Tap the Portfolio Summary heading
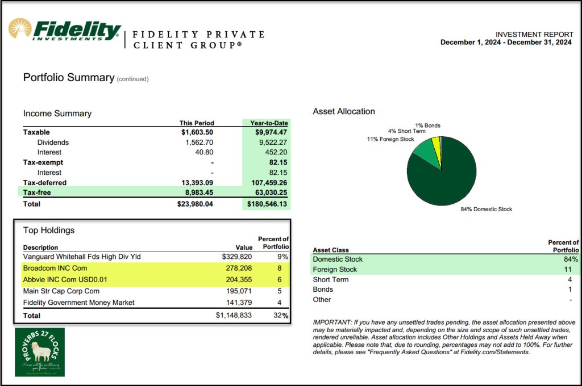(x=69, y=78)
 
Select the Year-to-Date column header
(x=266, y=123)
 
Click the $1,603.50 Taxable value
(x=196, y=132)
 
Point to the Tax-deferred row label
(x=45, y=183)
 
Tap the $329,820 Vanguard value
(x=235, y=257)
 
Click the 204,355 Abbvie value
(x=238, y=279)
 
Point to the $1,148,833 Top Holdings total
(x=234, y=315)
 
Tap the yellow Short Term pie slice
(x=436, y=146)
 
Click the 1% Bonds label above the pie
(x=427, y=125)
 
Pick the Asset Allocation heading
(x=344, y=111)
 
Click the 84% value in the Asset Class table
(x=572, y=259)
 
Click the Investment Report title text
(x=533, y=34)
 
